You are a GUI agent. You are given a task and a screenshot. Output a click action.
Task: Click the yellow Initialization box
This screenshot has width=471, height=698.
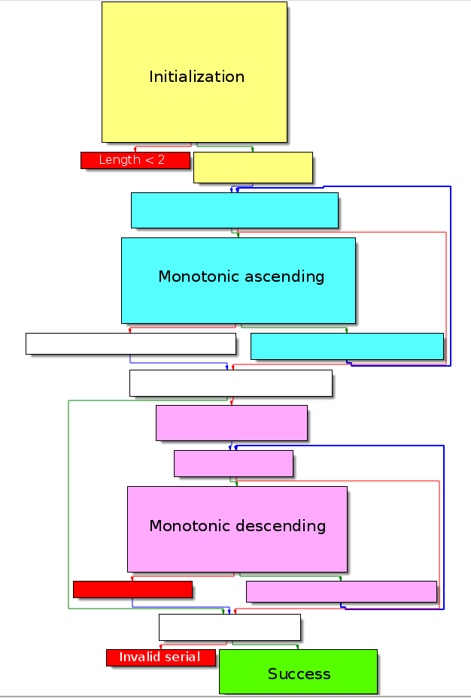coord(194,71)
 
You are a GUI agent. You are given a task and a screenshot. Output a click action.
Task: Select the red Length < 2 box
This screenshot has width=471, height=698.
coord(135,160)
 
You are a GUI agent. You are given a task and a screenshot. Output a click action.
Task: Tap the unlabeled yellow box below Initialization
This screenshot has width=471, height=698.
coord(253,168)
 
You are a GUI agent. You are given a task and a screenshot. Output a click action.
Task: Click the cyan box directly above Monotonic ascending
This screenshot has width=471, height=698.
coord(234,210)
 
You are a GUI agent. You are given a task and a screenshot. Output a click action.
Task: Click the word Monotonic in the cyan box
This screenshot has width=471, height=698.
coord(193,276)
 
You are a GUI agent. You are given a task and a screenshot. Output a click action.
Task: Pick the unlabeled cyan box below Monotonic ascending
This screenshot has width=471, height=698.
coord(346,346)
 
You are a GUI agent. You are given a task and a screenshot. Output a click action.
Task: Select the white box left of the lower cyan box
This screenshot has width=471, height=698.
coord(130,343)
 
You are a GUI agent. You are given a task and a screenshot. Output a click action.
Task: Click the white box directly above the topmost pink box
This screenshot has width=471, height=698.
coord(230,382)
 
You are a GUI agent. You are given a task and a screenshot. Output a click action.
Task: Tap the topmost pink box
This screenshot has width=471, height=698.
coord(231,423)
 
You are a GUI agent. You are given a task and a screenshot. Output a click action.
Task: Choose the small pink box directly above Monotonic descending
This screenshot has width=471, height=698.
coord(233,464)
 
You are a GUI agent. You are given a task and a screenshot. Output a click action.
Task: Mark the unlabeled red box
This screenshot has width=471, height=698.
coord(132,589)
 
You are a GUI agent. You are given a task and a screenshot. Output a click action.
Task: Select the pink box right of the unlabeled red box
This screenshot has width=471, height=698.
coord(341,591)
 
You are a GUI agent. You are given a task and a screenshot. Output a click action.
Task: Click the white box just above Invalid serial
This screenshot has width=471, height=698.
coord(229,627)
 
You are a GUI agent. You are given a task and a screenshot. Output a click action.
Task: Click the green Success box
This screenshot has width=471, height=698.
coord(298,672)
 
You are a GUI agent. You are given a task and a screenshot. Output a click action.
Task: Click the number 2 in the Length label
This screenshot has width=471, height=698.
coord(161,160)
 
